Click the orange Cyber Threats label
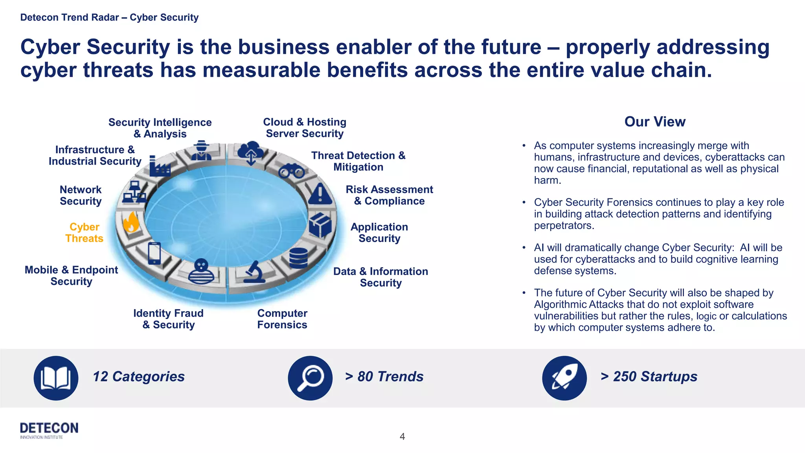tap(84, 233)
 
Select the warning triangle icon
tap(320, 194)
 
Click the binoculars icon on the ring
tap(291, 171)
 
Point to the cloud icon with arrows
tap(250, 152)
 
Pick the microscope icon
tap(254, 272)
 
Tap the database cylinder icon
tap(298, 258)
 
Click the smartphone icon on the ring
tap(154, 253)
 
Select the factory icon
tap(159, 166)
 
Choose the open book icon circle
tap(56, 378)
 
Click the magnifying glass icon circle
tap(310, 378)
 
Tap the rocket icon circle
tap(564, 378)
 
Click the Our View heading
tap(655, 122)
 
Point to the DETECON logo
tap(49, 430)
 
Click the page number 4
tap(402, 436)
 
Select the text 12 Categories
tap(138, 376)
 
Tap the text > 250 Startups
tap(649, 376)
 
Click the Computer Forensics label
tap(282, 319)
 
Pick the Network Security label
tap(81, 195)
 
